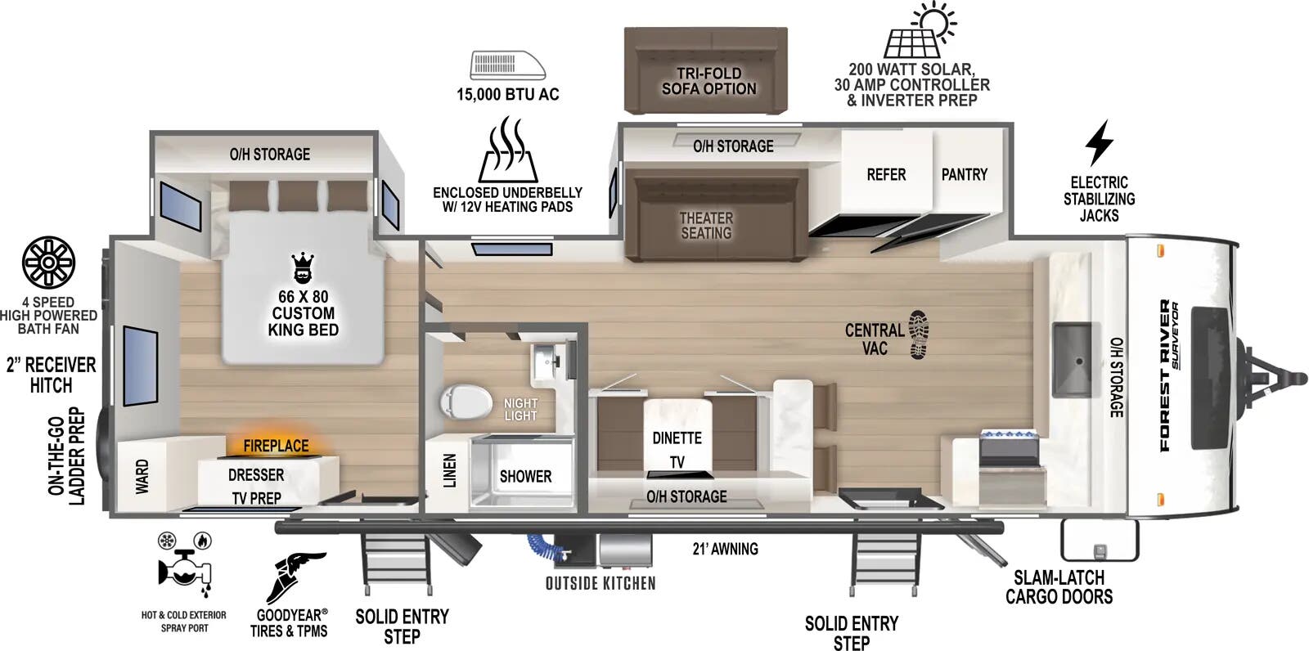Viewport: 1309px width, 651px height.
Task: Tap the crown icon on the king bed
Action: pos(304,267)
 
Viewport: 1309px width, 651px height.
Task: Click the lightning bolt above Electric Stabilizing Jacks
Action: pos(1099,143)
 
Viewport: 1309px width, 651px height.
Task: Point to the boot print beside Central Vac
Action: pos(920,334)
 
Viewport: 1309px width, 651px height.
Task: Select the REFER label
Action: pos(886,175)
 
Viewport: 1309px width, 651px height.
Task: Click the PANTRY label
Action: pos(964,174)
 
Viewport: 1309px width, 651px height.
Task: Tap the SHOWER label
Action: pos(525,476)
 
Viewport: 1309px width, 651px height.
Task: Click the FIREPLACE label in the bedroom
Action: pos(276,446)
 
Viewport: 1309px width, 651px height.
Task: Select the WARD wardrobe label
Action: pos(142,476)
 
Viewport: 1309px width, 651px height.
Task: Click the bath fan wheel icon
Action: pos(48,263)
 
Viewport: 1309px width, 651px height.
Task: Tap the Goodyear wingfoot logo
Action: pos(295,577)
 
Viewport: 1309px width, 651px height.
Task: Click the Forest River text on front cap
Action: pos(1164,376)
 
